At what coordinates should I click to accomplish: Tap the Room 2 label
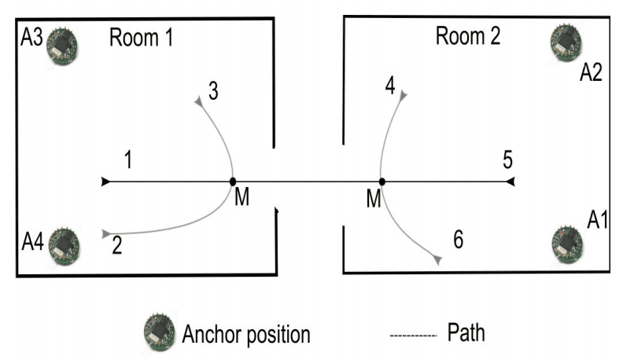(x=468, y=36)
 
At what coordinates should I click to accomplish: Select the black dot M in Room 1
(x=233, y=182)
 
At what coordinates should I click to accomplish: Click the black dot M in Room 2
(x=382, y=182)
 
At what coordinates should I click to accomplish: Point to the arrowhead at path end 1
(x=106, y=182)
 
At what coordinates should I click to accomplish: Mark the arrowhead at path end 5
(x=510, y=182)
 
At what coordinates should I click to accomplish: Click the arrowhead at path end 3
(x=199, y=101)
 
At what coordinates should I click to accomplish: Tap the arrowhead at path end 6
(x=436, y=259)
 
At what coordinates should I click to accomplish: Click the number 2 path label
(x=116, y=247)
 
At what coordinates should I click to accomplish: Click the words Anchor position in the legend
(x=245, y=335)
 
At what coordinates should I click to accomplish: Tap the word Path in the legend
(x=466, y=332)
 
